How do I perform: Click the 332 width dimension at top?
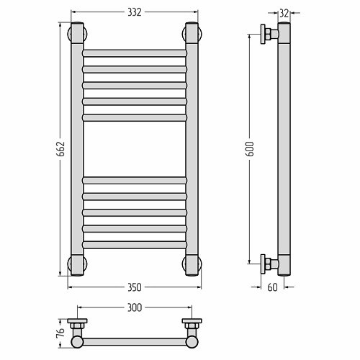point(135,12)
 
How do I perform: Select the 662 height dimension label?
point(61,149)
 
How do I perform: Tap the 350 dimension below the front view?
point(135,287)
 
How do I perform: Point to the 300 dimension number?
point(135,307)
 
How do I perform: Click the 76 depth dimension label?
point(61,333)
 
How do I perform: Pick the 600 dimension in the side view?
point(250,149)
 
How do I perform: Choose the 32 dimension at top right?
point(284,14)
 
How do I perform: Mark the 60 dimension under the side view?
point(272,287)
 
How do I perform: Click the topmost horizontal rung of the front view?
point(135,53)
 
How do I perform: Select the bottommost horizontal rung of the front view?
point(135,245)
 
